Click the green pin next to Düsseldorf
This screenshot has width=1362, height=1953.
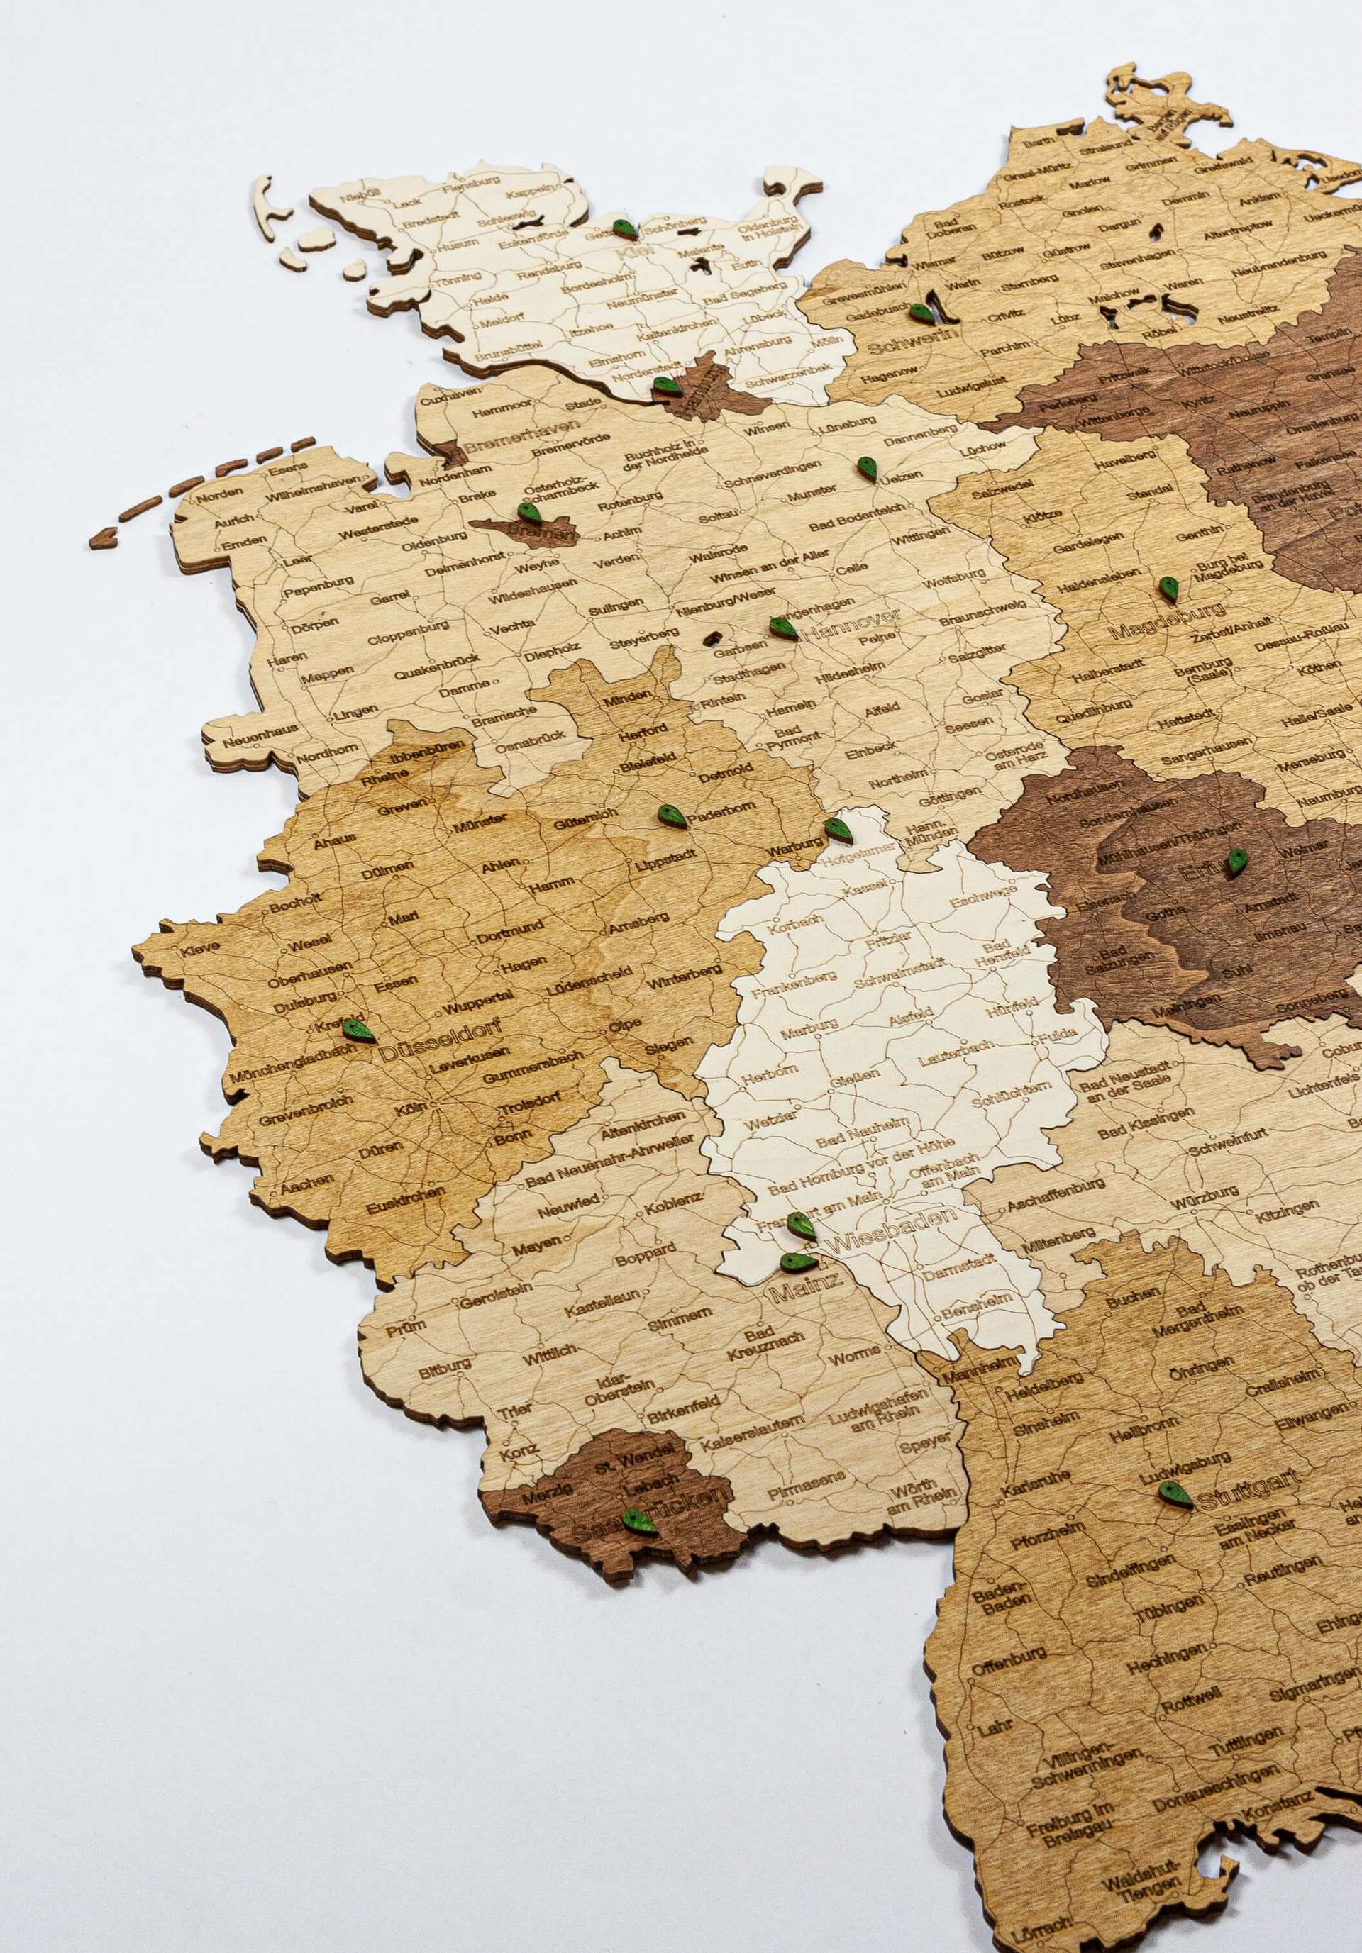point(358,1030)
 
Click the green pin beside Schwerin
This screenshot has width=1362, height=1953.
point(921,313)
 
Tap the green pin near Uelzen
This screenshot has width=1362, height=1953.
point(867,469)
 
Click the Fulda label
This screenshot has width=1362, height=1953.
point(1058,1035)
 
